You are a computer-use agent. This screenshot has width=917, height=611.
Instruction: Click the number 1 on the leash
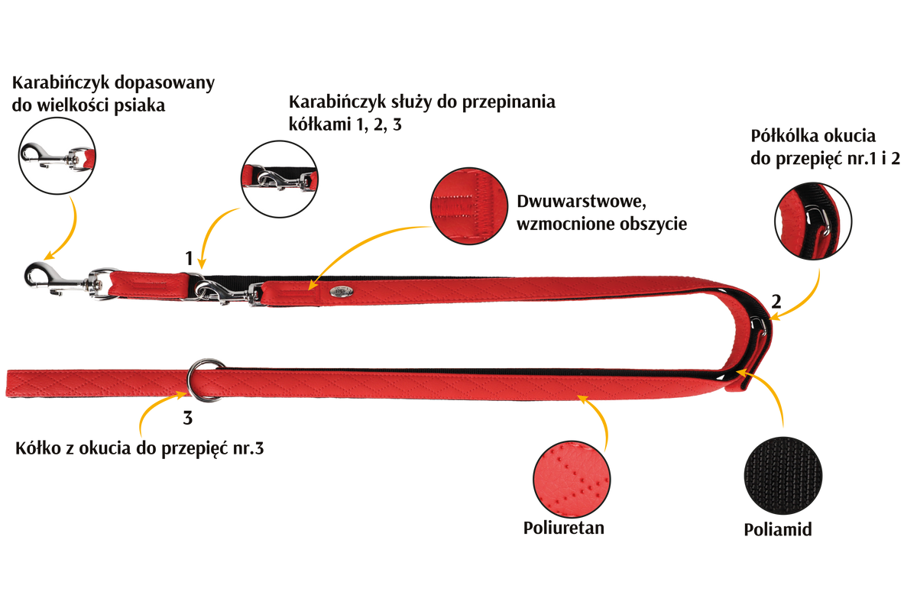click(x=189, y=258)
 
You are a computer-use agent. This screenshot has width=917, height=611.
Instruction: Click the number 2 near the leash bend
click(x=776, y=302)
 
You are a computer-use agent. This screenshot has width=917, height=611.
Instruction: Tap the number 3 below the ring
click(x=187, y=418)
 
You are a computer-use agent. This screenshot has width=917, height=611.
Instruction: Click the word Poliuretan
click(x=564, y=528)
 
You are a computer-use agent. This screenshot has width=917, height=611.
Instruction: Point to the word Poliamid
click(x=778, y=529)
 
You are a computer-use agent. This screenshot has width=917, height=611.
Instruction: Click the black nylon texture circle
click(x=783, y=476)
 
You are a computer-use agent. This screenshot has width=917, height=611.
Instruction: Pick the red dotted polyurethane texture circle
click(x=572, y=479)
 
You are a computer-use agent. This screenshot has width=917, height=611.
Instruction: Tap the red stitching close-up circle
click(x=469, y=206)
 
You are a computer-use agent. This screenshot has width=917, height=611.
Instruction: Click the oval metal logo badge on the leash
click(x=342, y=291)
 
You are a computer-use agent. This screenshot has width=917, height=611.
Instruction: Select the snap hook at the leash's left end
click(x=57, y=280)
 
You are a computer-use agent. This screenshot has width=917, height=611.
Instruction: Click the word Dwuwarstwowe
click(x=582, y=202)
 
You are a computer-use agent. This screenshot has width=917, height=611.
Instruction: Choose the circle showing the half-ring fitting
click(x=813, y=221)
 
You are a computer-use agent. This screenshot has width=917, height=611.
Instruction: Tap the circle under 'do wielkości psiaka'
click(x=57, y=156)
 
